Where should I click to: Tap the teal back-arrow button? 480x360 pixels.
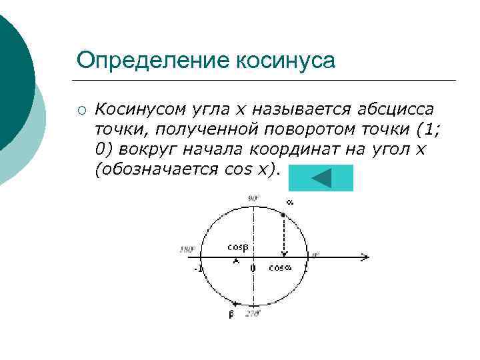point(323,178)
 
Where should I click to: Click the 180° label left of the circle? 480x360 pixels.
point(187,250)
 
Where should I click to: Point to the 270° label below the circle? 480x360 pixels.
point(253,313)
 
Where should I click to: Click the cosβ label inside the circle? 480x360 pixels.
point(237,247)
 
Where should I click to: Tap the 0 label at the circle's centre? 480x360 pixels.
point(253,268)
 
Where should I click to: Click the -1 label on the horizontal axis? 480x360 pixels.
point(198,269)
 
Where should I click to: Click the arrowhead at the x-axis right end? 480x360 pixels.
point(365,257)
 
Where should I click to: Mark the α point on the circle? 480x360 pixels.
point(285,215)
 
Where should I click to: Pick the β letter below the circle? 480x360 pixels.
point(231,314)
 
